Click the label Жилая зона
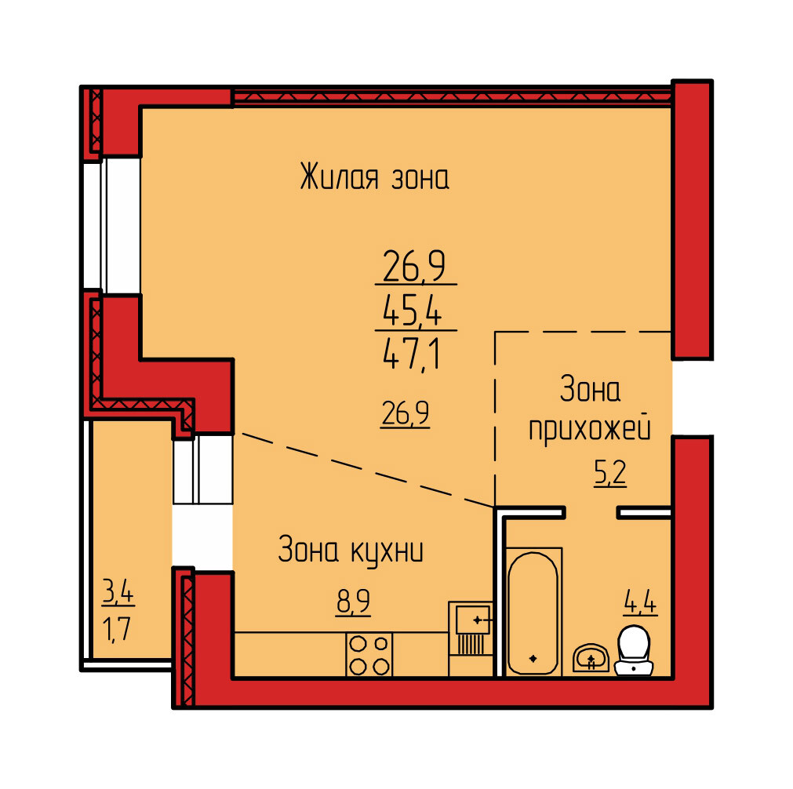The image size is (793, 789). click(x=374, y=176)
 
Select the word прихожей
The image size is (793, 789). click(x=590, y=431)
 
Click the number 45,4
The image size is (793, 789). click(x=412, y=310)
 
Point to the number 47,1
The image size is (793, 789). click(x=412, y=355)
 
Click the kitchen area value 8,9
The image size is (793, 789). click(x=354, y=602)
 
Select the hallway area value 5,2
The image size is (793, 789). click(x=610, y=474)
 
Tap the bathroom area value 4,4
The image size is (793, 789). click(x=640, y=603)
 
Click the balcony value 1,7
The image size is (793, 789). click(x=117, y=631)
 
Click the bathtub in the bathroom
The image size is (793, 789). click(x=533, y=612)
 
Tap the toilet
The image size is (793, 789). click(x=634, y=650)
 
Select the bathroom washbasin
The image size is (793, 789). click(x=591, y=658)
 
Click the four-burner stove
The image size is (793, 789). click(x=369, y=654)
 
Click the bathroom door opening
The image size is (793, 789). click(x=591, y=513)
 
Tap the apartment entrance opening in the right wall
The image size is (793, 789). click(x=692, y=398)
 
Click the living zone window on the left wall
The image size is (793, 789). click(x=112, y=226)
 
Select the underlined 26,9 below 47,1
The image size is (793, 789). click(x=406, y=414)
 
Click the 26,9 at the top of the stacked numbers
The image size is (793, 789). click(x=414, y=266)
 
